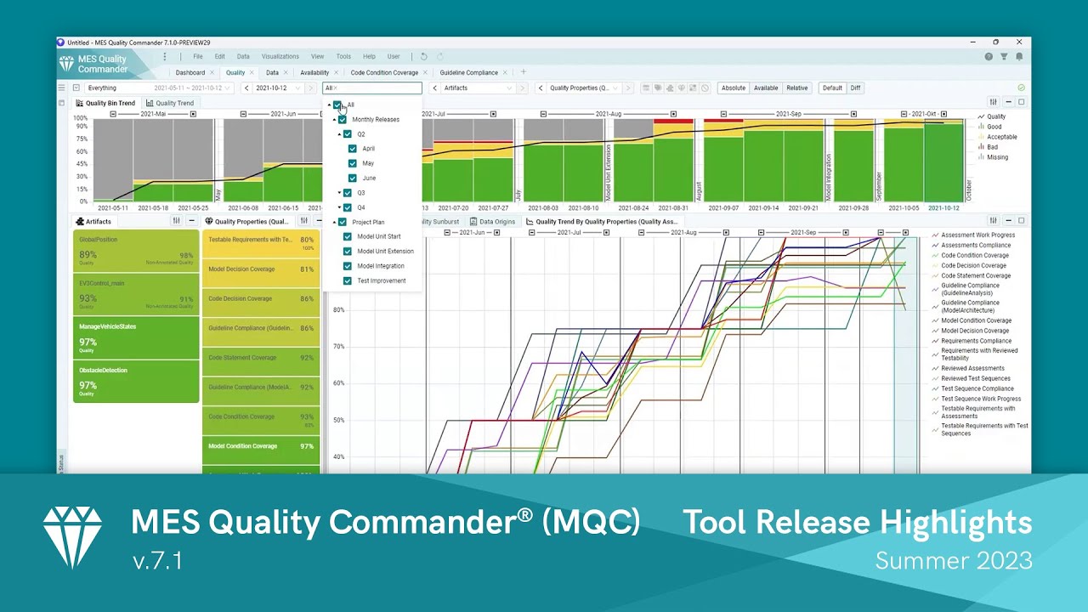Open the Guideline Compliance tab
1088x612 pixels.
coord(468,73)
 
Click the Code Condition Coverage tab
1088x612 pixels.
coord(384,73)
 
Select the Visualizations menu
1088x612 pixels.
coord(280,57)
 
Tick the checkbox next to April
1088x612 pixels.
coord(353,149)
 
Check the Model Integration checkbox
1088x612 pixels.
coord(348,266)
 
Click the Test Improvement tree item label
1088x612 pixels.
coord(381,280)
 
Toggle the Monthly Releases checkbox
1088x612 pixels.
coord(343,120)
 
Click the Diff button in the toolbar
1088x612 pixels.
coord(855,88)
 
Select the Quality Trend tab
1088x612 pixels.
coord(174,104)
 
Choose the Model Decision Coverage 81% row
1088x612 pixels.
coord(260,269)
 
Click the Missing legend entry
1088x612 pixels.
coord(997,157)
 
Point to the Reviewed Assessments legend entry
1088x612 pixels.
coord(972,369)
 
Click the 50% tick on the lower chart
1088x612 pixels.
coord(338,420)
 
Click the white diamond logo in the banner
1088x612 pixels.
coord(72,536)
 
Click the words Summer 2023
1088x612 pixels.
coord(953,561)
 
